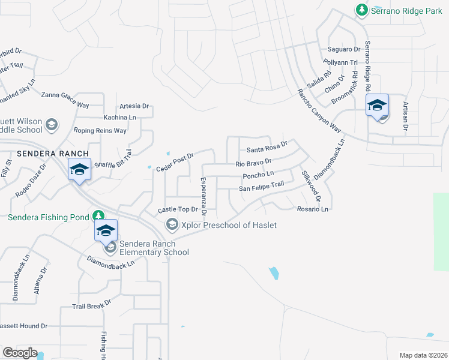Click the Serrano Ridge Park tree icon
coord(361,10)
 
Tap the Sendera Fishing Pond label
coord(47,217)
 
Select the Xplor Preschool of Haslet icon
coord(172,224)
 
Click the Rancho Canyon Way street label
coord(319,112)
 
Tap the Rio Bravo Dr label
coord(253,162)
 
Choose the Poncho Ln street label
coord(258,175)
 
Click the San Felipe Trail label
coord(261,187)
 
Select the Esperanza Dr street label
coord(203,196)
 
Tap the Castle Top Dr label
coord(177,209)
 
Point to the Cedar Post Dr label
coord(174,161)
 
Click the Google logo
coord(20,353)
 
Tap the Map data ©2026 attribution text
coord(423,355)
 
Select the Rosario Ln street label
coord(313,209)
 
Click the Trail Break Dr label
coord(92,305)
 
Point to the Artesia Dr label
coord(134,106)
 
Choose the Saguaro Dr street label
coord(343,49)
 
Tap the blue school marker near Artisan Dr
coord(378,107)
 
